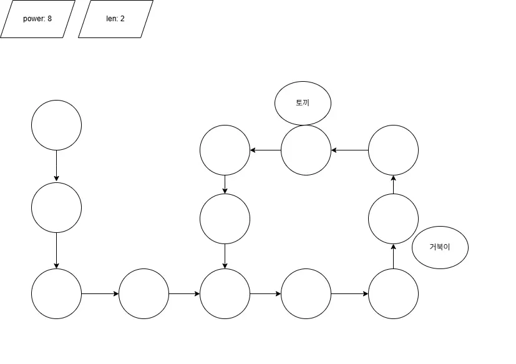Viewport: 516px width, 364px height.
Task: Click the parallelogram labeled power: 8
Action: (x=37, y=19)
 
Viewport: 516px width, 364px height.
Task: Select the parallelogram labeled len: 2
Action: (x=115, y=19)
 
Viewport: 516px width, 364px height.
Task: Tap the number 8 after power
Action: (x=49, y=19)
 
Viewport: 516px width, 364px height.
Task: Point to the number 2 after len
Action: (x=122, y=19)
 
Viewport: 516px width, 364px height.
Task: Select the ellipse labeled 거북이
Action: (x=440, y=247)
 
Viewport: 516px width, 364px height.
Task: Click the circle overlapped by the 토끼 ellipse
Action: (x=306, y=153)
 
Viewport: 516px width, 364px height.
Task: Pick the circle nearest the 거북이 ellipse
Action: (x=393, y=219)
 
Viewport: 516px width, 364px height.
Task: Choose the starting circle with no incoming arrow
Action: (x=56, y=125)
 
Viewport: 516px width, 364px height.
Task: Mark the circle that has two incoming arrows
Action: (x=225, y=293)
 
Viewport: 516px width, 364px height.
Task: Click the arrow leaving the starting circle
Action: (x=56, y=165)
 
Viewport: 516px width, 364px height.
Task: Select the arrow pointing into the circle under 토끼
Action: (x=349, y=150)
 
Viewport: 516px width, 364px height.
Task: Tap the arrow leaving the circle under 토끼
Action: (x=265, y=150)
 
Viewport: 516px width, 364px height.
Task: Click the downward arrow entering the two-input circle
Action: (x=225, y=256)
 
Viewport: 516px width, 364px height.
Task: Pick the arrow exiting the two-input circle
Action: (x=265, y=293)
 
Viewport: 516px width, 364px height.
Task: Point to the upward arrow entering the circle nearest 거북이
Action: (x=393, y=256)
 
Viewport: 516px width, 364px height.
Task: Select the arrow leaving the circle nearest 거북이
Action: (x=393, y=184)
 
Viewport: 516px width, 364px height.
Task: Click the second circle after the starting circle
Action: (x=56, y=293)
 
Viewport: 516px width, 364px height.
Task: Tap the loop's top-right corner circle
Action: (x=393, y=150)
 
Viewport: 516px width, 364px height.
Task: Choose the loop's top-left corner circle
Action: (x=225, y=150)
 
